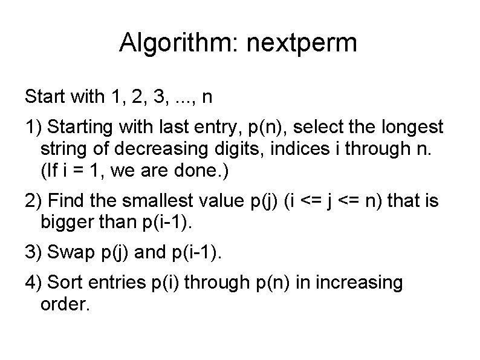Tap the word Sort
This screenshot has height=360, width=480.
(x=63, y=283)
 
